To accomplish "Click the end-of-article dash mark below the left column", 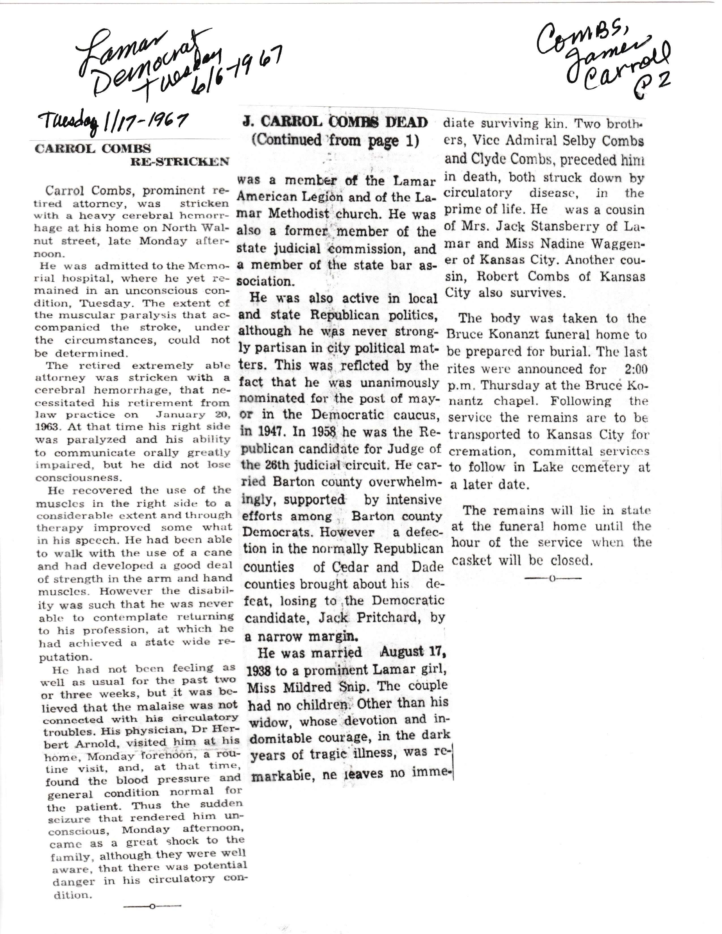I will pyautogui.click(x=152, y=905).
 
